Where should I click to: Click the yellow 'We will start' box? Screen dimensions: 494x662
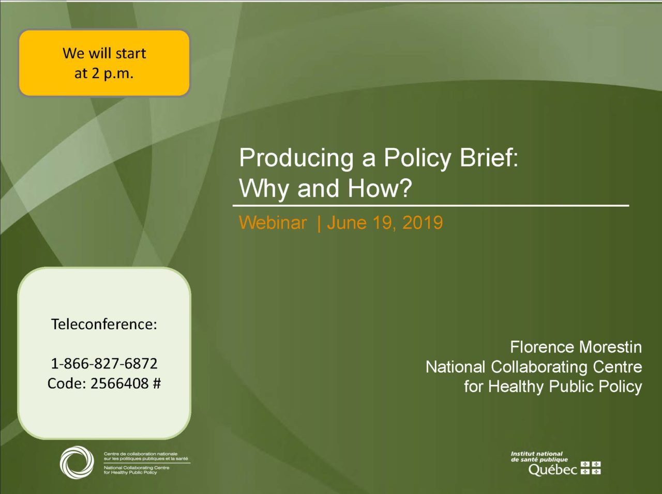[104, 63]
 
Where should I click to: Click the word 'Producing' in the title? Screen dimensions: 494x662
[296, 158]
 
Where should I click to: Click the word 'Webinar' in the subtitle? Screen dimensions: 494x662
[273, 223]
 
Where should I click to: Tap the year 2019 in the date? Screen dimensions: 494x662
[423, 223]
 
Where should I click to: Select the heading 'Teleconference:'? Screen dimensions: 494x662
[104, 324]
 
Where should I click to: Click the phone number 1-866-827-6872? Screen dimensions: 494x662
[104, 363]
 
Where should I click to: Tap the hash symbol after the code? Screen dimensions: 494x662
[157, 383]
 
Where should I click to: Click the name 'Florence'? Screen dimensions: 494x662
[541, 347]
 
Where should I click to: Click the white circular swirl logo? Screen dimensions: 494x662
[77, 462]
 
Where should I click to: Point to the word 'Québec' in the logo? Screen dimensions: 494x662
[552, 469]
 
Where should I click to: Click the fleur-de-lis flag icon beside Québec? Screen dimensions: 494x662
[591, 468]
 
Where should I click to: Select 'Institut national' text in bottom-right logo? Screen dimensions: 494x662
[536, 454]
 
